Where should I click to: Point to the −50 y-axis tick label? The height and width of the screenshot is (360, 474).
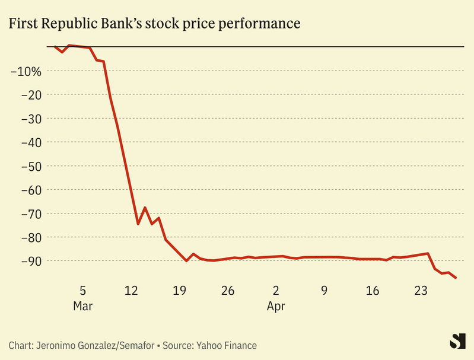point(30,166)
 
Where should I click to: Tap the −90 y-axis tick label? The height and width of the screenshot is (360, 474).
point(30,261)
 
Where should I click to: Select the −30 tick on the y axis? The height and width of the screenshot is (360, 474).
point(30,119)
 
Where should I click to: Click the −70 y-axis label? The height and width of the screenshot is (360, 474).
point(30,214)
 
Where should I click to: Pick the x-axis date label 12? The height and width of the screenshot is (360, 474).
point(131,291)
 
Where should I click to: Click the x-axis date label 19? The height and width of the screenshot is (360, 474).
point(180,291)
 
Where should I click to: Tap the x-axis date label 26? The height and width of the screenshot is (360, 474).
point(228,291)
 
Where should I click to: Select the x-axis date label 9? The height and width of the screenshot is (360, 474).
point(325,291)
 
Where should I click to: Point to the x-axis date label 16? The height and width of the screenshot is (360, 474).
point(373,291)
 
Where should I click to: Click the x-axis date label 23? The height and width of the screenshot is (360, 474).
point(421,291)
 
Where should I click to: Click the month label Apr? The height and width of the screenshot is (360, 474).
point(276,307)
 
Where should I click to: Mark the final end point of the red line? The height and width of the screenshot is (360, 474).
point(456,278)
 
